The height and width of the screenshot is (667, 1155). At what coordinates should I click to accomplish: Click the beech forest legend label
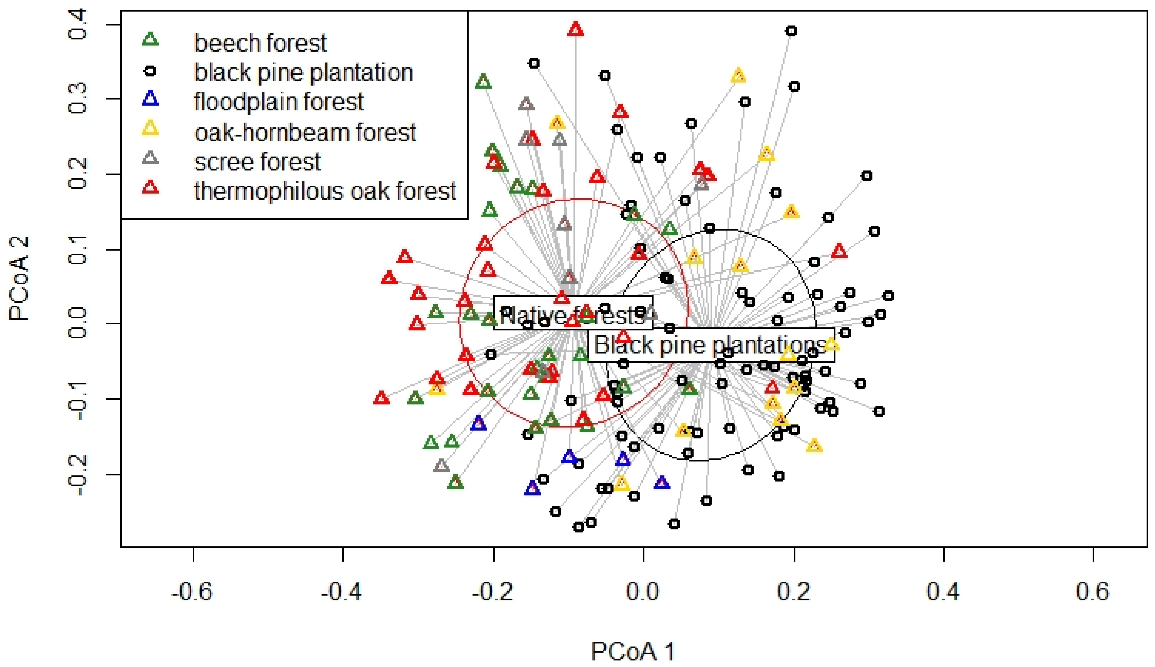260,43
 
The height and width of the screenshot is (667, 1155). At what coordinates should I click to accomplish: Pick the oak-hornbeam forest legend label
305,132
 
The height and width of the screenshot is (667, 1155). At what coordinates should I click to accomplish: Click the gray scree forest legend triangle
150,159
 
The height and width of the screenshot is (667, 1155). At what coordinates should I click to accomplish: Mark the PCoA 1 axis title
632,650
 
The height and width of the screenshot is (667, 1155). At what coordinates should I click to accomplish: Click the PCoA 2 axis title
19,278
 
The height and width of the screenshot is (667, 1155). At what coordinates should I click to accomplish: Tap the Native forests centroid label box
573,313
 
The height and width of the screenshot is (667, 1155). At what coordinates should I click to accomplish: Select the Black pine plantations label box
711,345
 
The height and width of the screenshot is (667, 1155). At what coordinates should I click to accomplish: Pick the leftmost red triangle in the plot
381,398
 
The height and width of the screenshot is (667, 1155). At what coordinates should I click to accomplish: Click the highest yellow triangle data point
738,76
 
